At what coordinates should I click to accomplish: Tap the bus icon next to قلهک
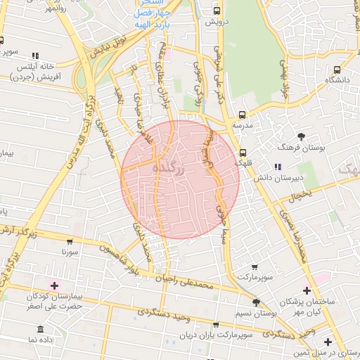click(x=243, y=153)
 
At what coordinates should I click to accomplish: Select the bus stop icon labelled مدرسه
click(x=243, y=115)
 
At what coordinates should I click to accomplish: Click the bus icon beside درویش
click(x=217, y=11)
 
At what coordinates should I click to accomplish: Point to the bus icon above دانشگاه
click(x=337, y=70)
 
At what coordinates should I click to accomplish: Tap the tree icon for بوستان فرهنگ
click(x=302, y=136)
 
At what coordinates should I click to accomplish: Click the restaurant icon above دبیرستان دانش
click(x=277, y=167)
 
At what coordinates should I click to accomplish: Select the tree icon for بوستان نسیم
click(x=256, y=302)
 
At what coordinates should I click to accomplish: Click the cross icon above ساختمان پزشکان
click(x=307, y=290)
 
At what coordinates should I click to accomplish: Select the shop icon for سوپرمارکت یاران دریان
click(x=216, y=324)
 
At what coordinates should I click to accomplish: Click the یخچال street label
click(x=300, y=194)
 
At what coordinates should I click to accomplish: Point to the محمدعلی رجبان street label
click(x=205, y=283)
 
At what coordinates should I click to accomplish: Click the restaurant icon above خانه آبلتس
click(x=36, y=56)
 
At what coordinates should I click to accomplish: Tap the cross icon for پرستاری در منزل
click(x=328, y=342)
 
